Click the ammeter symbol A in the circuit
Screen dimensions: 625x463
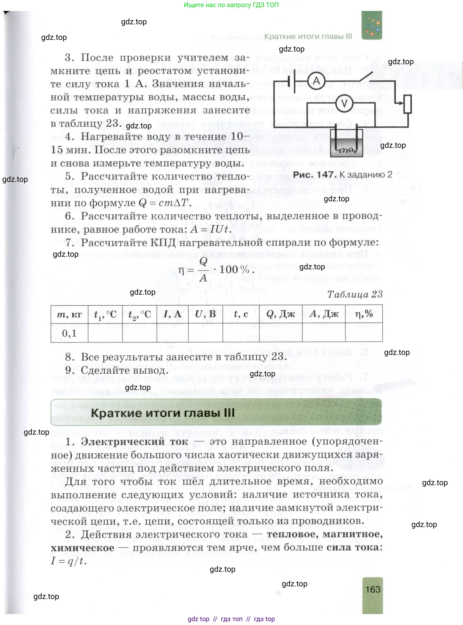click(x=316, y=81)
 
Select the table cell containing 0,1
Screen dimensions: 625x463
click(x=69, y=333)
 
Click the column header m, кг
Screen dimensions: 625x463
click(x=69, y=315)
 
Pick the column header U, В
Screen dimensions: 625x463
click(x=205, y=314)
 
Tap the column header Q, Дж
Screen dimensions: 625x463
click(x=281, y=314)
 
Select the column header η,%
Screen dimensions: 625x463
click(x=364, y=314)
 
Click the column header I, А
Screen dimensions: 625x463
click(x=172, y=314)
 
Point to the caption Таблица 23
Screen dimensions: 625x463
click(x=355, y=294)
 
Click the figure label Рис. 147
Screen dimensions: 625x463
click(x=313, y=175)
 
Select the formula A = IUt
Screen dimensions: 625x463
click(x=210, y=229)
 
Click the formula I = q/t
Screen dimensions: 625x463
click(x=69, y=561)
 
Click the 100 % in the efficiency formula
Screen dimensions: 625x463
click(x=234, y=270)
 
